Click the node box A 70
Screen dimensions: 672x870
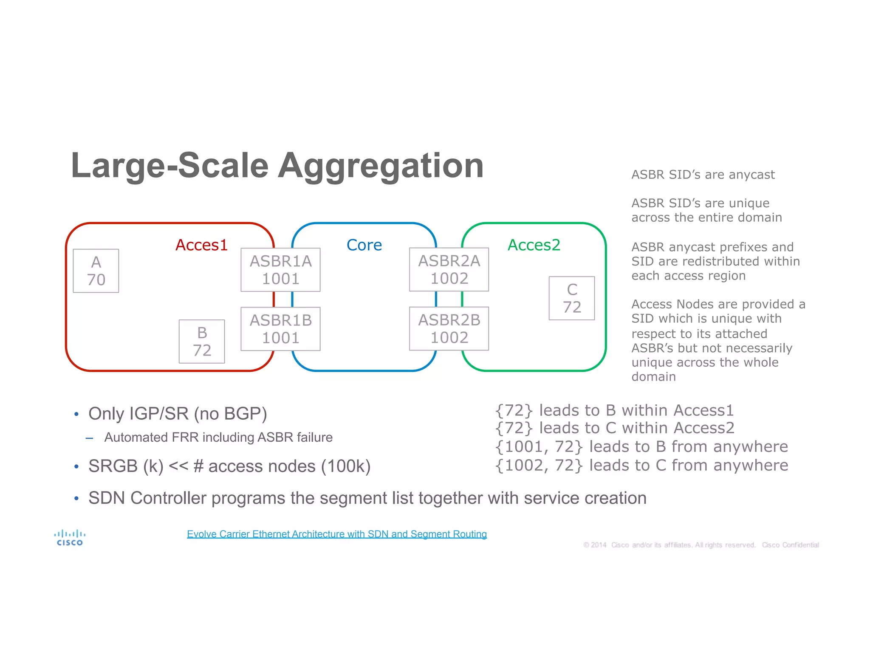96,271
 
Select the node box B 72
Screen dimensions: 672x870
202,342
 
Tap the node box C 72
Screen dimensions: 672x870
572,298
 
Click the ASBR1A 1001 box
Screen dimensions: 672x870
280,270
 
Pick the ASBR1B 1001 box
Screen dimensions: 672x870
280,329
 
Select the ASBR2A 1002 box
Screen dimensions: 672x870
449,269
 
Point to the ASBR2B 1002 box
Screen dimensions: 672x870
449,328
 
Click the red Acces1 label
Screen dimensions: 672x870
201,245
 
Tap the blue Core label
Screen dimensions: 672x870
364,245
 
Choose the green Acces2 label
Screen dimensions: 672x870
534,245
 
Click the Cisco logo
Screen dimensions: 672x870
70,537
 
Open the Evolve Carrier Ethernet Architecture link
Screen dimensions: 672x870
337,534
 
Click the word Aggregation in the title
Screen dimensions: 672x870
381,166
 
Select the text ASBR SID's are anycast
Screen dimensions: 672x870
703,175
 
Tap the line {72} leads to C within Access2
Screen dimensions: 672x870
615,428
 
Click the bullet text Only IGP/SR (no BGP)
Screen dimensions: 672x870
178,414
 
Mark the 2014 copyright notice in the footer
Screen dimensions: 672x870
701,545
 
